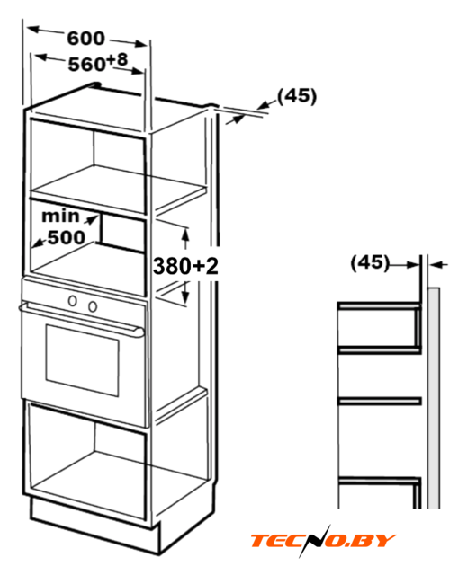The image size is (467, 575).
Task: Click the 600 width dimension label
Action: (85, 38)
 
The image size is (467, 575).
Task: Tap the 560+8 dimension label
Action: (98, 62)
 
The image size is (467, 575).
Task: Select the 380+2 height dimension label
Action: (185, 266)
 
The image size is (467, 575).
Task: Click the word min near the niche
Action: (60, 216)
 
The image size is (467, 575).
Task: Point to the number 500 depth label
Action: (67, 237)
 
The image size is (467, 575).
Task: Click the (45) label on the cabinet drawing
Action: (297, 96)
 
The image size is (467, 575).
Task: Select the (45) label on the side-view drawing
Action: (370, 262)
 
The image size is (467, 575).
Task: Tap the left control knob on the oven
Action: (73, 301)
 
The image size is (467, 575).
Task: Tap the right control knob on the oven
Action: (93, 305)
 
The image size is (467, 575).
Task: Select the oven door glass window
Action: (82, 359)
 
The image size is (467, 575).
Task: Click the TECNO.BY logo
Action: (322, 540)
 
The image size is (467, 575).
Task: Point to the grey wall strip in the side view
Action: (434, 397)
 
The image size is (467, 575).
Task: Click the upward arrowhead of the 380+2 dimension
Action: (185, 233)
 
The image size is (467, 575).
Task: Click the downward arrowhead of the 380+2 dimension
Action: (185, 298)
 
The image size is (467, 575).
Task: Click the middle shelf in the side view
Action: (379, 401)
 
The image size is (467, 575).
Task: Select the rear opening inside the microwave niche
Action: (121, 233)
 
